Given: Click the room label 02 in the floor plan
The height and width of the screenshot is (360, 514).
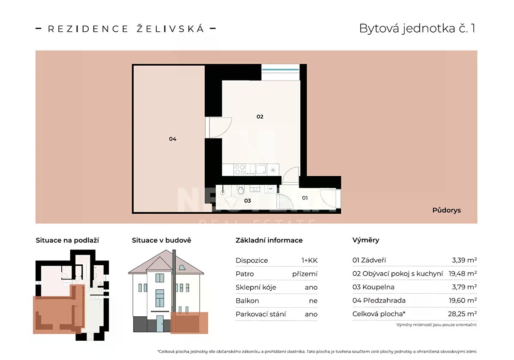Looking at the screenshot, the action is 260,117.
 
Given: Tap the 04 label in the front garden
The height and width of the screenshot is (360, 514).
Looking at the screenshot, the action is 173,139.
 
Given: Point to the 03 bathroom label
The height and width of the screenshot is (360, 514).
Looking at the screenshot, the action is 248,201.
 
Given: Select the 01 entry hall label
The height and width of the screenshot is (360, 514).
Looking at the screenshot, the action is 305,198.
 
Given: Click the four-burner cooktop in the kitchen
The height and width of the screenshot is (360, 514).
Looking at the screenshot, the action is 240,170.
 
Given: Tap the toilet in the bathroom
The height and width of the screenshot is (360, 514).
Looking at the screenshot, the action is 240,189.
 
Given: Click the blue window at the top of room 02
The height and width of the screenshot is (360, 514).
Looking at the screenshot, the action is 281,69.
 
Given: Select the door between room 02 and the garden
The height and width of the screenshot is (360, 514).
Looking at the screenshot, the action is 218,128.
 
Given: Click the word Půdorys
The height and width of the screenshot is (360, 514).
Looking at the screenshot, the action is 446,210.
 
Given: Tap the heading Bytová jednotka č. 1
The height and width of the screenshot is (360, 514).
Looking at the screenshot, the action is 417,28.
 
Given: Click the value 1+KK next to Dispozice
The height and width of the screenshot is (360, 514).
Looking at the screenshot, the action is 310,261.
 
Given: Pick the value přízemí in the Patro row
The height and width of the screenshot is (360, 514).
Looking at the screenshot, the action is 305,274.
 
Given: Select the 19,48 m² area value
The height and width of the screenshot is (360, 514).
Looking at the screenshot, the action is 463,273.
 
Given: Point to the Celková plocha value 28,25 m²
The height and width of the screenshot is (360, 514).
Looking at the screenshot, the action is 463,314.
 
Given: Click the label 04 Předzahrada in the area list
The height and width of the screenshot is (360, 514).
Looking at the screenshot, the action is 379,300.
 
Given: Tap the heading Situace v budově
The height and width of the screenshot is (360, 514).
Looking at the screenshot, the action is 161,240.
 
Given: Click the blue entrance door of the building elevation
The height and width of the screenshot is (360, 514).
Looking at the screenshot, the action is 160,324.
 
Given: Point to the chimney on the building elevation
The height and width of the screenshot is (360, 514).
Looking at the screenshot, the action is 174,281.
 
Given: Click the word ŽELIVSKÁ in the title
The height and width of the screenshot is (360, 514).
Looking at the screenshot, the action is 170,29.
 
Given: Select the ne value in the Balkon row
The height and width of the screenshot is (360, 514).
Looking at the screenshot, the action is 313,301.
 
